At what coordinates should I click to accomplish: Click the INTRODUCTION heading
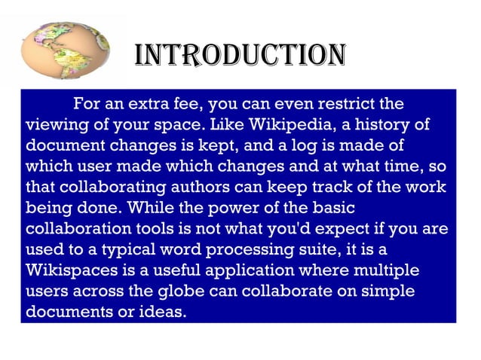point(240,55)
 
